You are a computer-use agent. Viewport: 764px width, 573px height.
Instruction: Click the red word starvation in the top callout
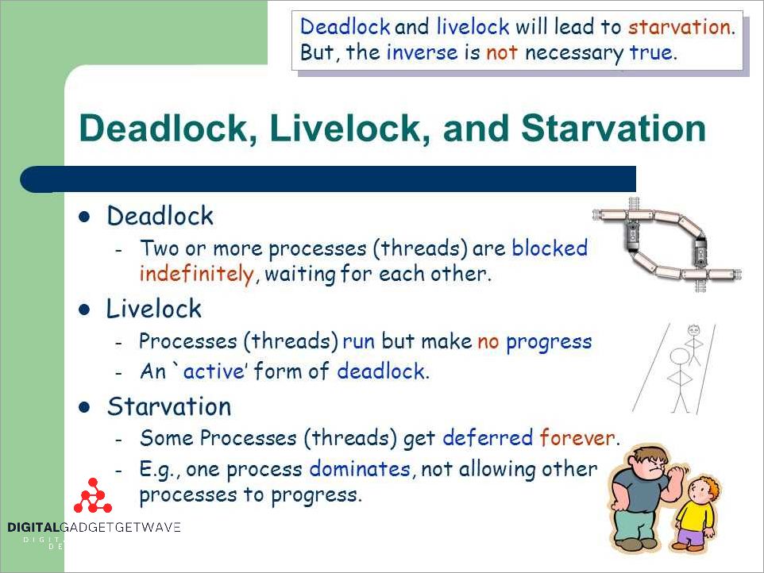[678, 28]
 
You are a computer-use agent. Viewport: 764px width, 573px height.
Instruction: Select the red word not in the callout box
[503, 54]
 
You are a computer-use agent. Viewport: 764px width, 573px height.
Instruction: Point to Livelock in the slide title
[346, 128]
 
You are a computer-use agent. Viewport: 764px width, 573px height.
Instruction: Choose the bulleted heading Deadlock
[160, 216]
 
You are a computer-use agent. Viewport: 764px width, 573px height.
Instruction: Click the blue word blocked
[550, 248]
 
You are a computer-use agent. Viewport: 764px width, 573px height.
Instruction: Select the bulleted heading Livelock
[154, 309]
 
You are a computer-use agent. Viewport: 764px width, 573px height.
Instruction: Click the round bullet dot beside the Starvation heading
[86, 407]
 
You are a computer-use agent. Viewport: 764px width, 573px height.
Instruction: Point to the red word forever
[577, 437]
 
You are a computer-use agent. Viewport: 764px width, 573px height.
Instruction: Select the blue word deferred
[488, 437]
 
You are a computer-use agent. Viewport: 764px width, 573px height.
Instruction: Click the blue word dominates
[360, 469]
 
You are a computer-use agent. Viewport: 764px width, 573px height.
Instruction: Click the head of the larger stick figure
[680, 356]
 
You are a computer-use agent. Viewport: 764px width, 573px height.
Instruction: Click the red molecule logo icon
[93, 497]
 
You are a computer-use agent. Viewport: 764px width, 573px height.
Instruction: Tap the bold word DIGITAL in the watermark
[34, 527]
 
